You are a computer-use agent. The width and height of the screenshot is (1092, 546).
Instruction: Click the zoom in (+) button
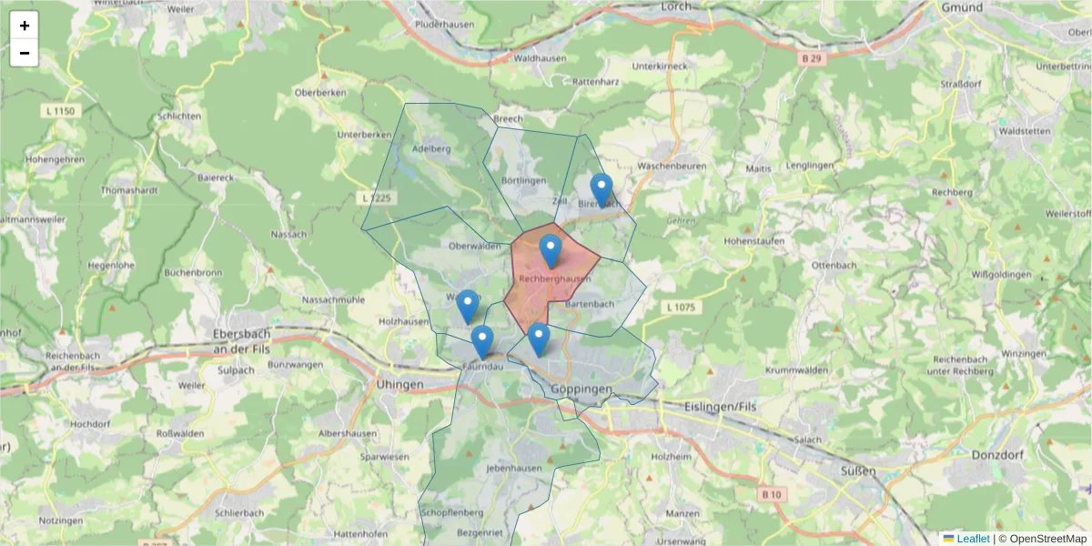pyautogui.click(x=25, y=25)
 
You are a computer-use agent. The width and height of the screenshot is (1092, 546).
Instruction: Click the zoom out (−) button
pyautogui.click(x=25, y=53)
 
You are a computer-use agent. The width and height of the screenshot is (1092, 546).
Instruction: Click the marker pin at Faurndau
pyautogui.click(x=482, y=342)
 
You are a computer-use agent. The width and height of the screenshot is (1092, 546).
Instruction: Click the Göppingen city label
pyautogui.click(x=581, y=389)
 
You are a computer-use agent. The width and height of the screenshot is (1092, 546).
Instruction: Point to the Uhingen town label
pyautogui.click(x=399, y=385)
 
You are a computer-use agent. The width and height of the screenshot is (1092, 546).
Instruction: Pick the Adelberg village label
pyautogui.click(x=431, y=148)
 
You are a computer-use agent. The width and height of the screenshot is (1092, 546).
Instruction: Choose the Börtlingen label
pyautogui.click(x=522, y=181)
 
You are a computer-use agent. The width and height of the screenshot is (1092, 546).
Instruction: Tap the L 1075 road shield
pyautogui.click(x=680, y=308)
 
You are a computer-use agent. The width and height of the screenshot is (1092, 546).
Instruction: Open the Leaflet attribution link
pyautogui.click(x=972, y=539)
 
